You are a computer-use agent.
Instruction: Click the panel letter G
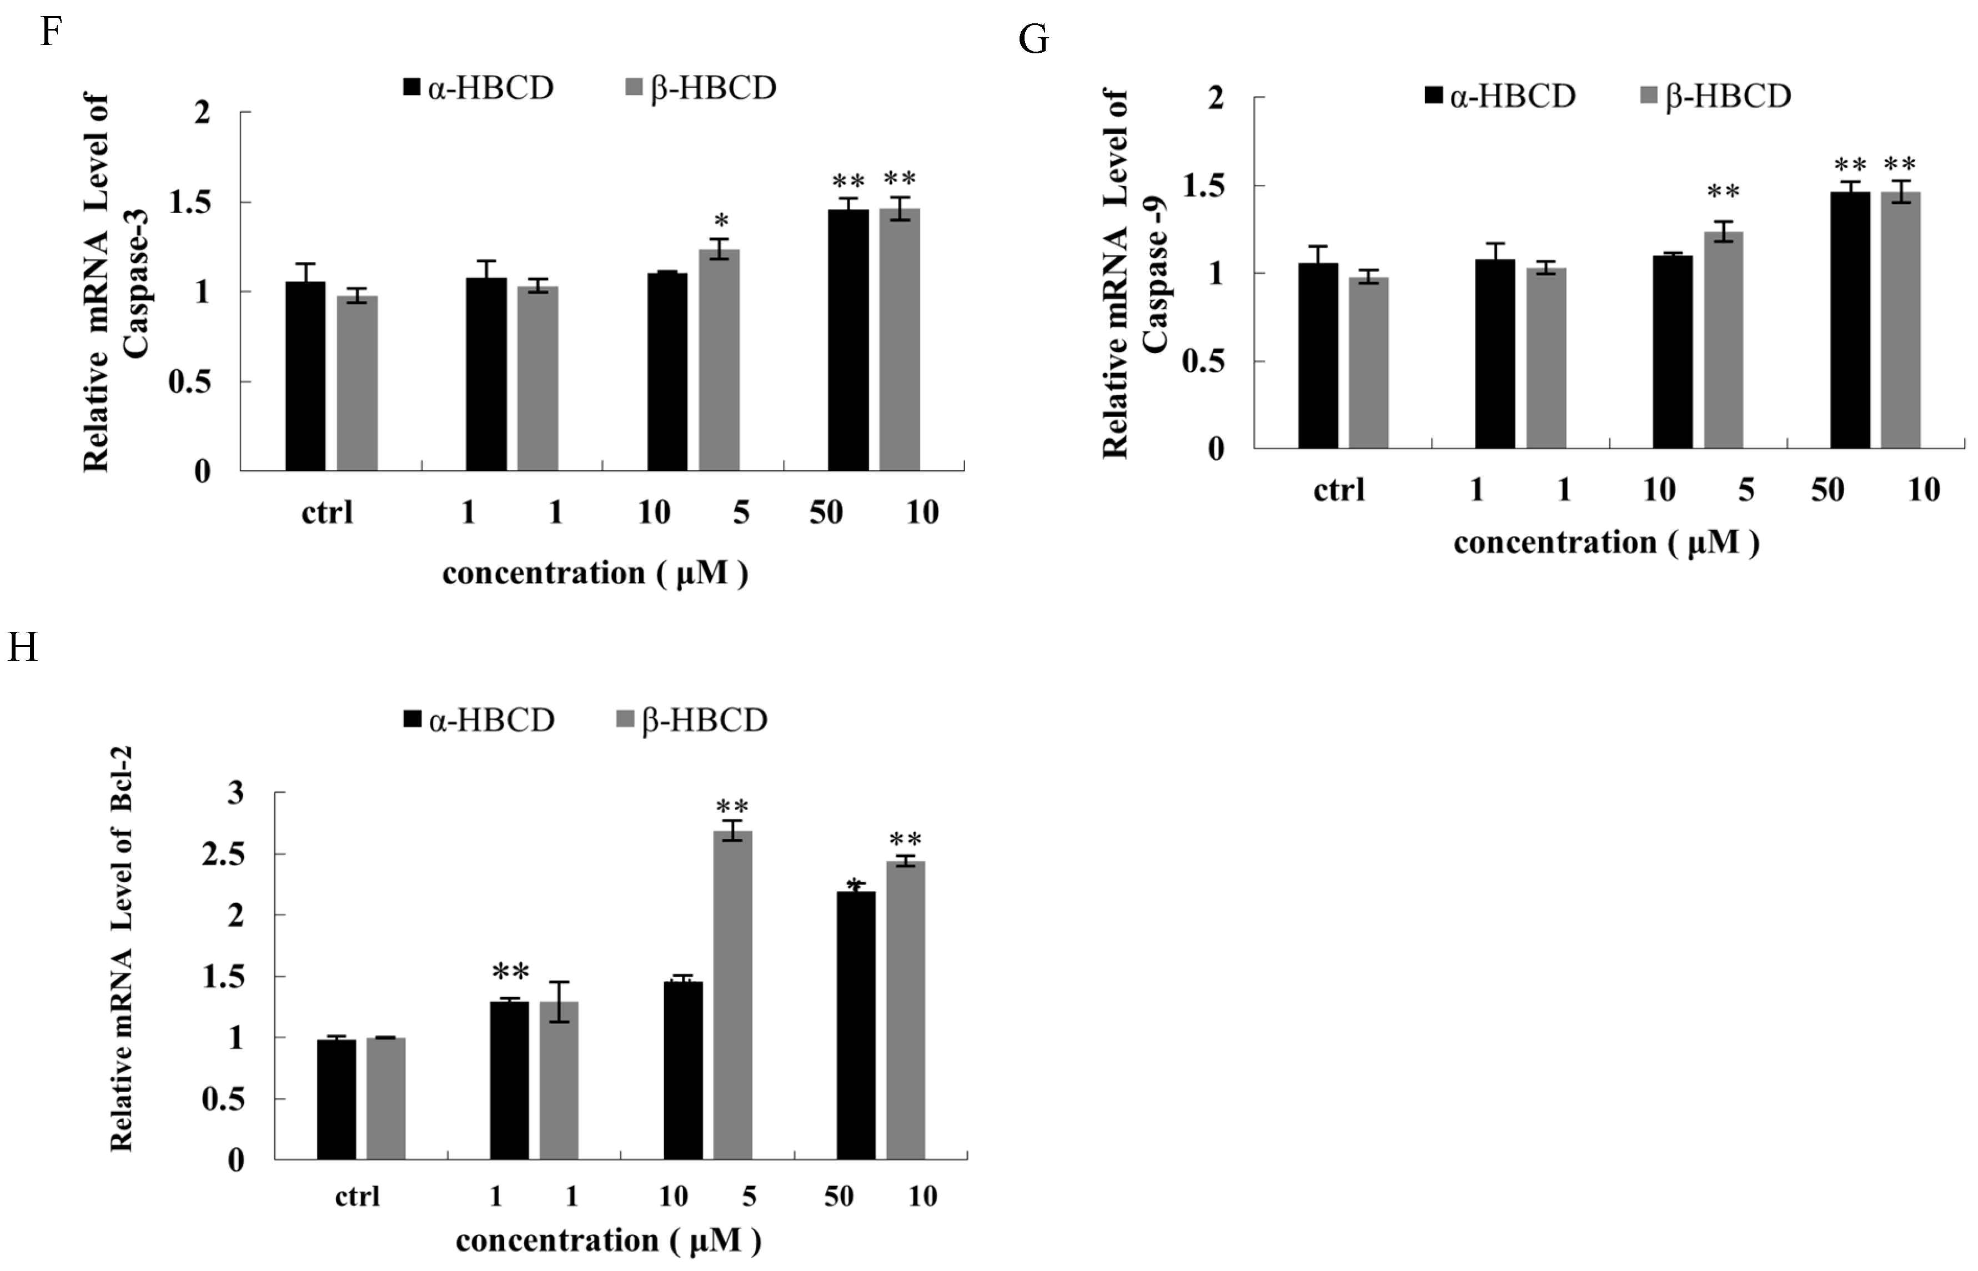(1033, 39)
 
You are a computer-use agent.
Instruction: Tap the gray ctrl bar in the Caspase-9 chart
(1368, 363)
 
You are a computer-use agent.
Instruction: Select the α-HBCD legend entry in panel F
(479, 88)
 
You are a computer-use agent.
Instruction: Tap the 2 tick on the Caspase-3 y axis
(202, 112)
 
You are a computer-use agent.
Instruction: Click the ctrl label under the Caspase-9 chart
(1338, 490)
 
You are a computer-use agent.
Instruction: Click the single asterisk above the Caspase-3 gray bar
(721, 221)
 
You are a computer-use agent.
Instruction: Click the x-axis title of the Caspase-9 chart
(1606, 542)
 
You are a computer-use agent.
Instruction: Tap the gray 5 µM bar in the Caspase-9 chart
(1723, 340)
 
